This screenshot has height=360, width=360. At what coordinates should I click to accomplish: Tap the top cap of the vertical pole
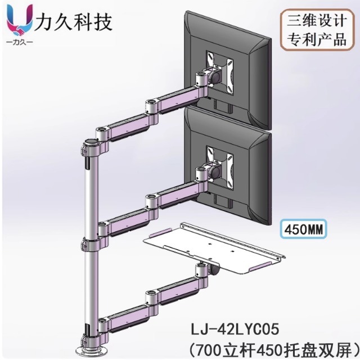coord(89,141)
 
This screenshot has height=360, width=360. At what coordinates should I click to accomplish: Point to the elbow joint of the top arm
coord(151,105)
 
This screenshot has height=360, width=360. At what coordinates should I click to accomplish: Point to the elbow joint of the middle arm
coord(151,198)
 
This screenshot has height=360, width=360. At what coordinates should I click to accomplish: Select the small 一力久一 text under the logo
coord(19,43)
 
